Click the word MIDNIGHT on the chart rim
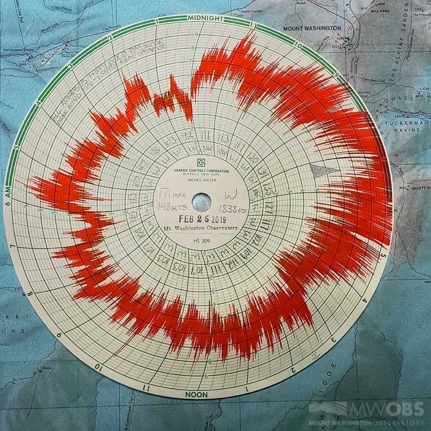tap(206, 18)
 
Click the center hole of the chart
tap(201, 200)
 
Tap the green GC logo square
tap(201, 162)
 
